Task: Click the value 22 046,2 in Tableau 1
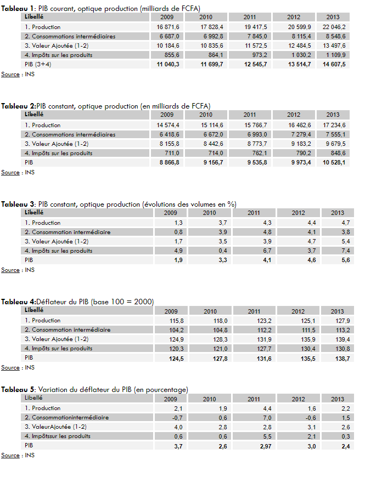[x=334, y=27]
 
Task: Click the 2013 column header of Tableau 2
[x=333, y=115]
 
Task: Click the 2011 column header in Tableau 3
[x=254, y=213]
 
